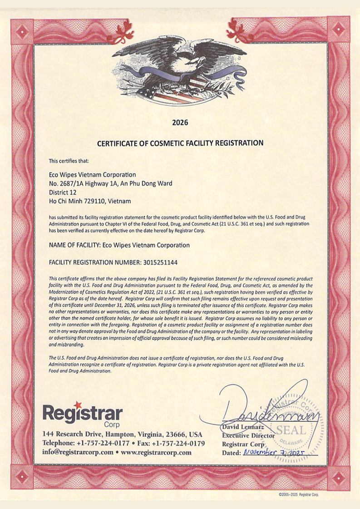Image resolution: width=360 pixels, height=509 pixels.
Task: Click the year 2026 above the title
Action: (180, 122)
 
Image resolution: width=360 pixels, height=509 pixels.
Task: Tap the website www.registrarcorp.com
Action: (156, 452)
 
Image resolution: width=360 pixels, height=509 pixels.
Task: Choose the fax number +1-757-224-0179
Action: (176, 443)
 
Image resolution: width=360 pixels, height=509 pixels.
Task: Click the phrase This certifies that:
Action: (69, 160)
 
